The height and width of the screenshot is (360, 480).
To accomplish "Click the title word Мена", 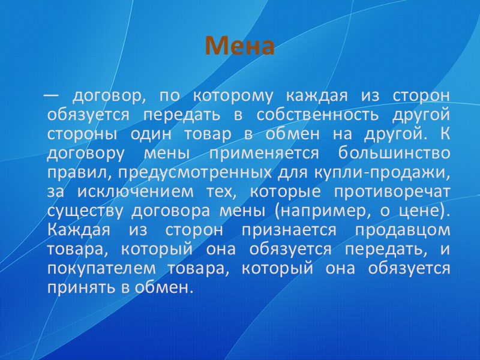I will coord(239,46).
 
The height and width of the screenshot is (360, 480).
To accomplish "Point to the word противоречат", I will coord(397,192).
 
